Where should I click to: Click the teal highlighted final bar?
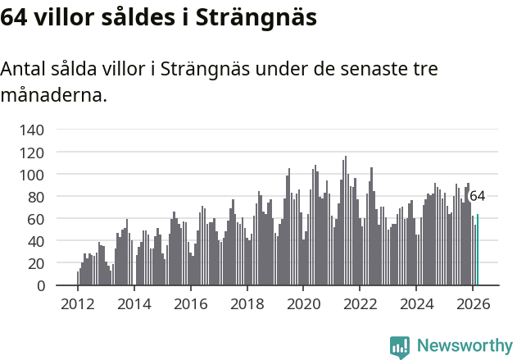click(478, 250)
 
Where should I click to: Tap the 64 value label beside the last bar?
click(477, 197)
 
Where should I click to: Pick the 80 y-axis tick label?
click(36, 197)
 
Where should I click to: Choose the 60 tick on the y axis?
click(36, 219)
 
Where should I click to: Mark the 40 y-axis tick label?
click(36, 241)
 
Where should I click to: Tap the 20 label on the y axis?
click(36, 263)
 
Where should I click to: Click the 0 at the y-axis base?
click(40, 285)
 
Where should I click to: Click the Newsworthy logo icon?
click(400, 347)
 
